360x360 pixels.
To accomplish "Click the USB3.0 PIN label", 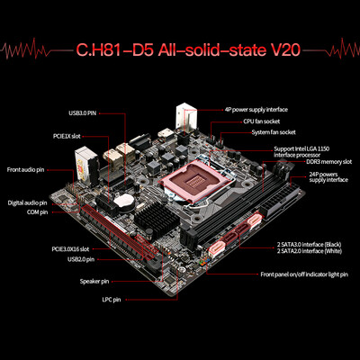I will tap(84, 113).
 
